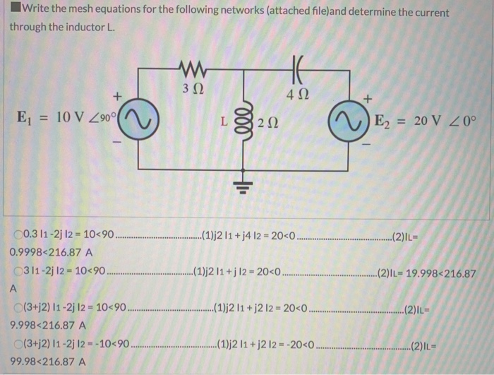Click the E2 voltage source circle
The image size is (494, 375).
coord(349,123)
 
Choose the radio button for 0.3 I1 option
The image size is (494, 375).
coord(17,234)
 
